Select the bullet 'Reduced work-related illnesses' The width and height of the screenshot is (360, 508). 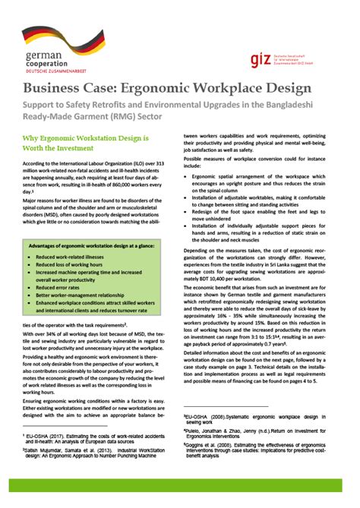(x=73, y=259)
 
